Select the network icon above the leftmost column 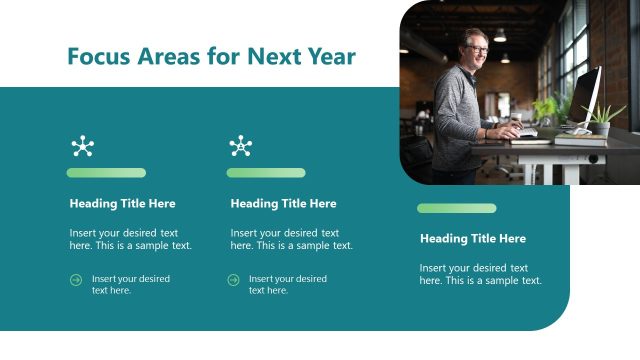[x=82, y=147]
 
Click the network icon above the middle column [x=241, y=147]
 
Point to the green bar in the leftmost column [x=106, y=173]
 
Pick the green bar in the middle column [x=266, y=173]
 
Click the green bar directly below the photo [x=456, y=208]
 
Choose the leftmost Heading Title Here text [x=122, y=204]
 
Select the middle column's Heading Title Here [x=283, y=204]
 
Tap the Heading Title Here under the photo [x=472, y=239]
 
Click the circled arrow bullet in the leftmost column [x=76, y=280]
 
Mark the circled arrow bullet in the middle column [x=233, y=280]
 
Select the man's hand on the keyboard [x=513, y=130]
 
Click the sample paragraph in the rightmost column [x=480, y=274]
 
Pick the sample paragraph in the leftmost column [x=130, y=239]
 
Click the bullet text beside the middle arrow [x=287, y=284]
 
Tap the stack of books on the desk [x=580, y=140]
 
